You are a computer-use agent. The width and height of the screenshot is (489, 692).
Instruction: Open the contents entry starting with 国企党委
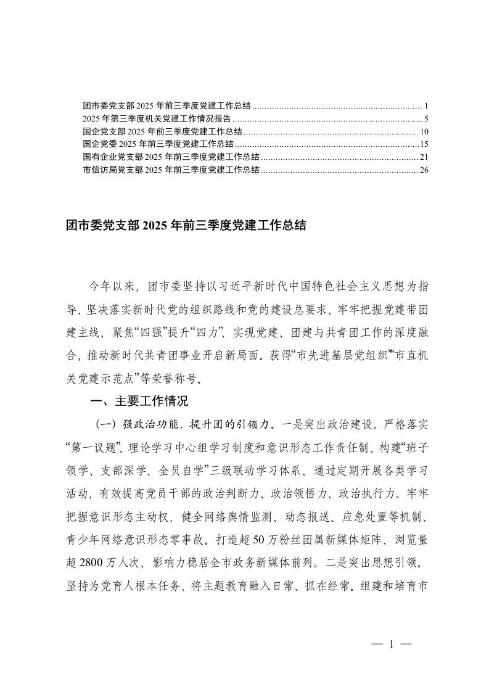157,144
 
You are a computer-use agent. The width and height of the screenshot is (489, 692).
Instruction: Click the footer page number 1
391,645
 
